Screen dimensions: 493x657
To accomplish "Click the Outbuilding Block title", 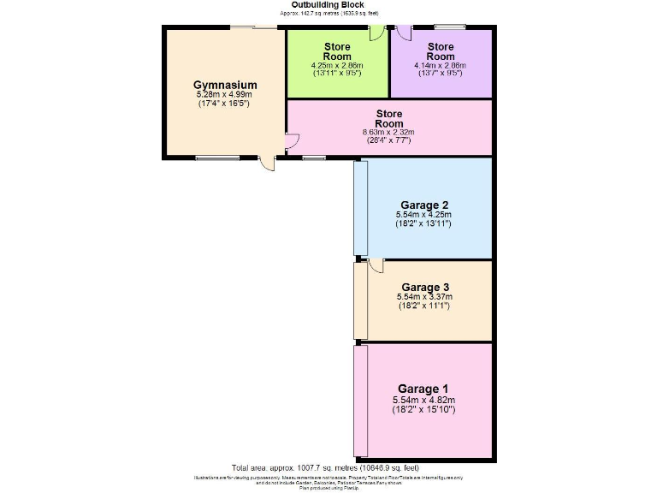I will pos(328,5).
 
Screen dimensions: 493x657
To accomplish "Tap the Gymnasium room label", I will pos(225,86).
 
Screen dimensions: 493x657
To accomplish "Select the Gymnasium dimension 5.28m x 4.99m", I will pos(225,95).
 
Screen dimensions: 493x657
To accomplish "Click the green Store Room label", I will pos(338,51).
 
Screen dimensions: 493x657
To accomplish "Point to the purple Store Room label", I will pos(441,51).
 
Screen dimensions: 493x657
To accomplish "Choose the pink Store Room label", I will pos(389,118).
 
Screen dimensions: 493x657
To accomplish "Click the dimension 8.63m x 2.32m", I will pos(389,132).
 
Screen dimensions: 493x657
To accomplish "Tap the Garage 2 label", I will pos(423,205).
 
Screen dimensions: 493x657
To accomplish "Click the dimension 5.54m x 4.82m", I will pos(423,400).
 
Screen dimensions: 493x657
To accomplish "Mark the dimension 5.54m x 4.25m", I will pos(423,214).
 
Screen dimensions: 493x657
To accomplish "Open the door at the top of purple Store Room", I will pos(405,33).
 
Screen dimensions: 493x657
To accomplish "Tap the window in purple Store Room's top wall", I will pos(449,27).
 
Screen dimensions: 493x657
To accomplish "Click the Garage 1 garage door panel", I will pos(361,401).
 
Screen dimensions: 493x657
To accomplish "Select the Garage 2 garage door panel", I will pos(361,207).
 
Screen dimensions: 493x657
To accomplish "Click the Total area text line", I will pos(325,468).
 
